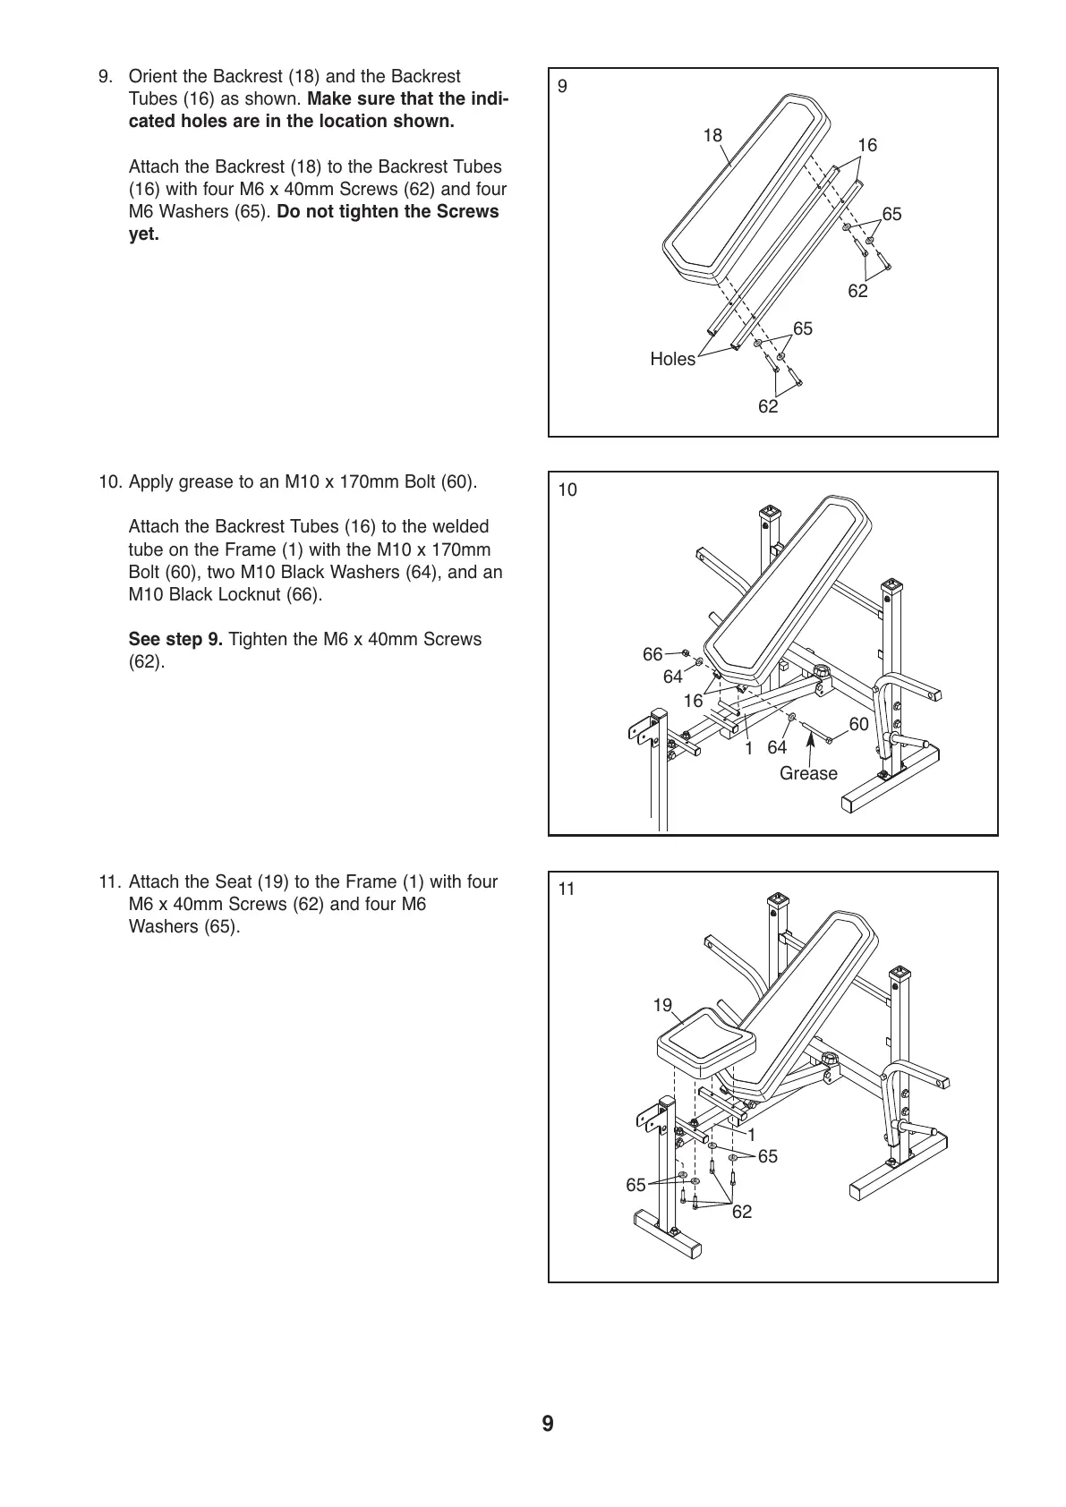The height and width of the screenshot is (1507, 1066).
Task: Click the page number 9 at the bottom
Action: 547,1424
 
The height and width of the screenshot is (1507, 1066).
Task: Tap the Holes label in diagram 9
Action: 672,360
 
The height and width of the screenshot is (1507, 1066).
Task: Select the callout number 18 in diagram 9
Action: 712,136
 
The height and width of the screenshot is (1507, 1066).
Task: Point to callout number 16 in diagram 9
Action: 866,145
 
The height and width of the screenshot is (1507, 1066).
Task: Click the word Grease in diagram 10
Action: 808,773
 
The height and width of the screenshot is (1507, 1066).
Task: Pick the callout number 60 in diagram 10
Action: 858,724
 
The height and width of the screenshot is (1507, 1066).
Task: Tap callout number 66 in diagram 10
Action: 652,655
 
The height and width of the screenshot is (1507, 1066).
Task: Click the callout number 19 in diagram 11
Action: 662,1005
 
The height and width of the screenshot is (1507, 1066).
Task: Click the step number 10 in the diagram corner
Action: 567,490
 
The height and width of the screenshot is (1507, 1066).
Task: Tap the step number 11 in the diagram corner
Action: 567,889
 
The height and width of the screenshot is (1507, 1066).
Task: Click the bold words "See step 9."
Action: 175,640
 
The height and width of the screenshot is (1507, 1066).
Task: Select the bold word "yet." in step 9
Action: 144,235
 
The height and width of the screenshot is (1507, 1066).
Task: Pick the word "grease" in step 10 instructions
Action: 211,481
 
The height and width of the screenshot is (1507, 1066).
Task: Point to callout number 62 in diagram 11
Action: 742,1212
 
